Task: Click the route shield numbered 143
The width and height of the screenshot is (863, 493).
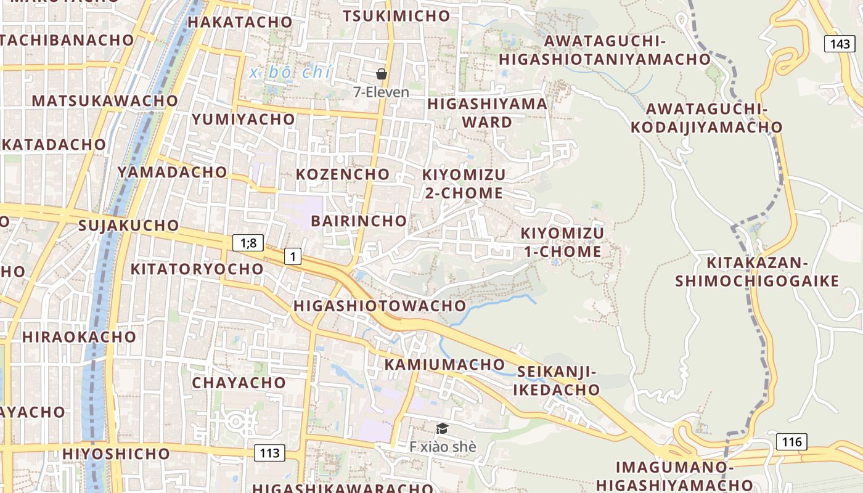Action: tap(840, 44)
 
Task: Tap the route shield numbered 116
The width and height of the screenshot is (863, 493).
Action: tap(791, 441)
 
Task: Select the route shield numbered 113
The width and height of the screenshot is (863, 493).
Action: tap(269, 454)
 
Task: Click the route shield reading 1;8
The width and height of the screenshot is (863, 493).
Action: tap(248, 243)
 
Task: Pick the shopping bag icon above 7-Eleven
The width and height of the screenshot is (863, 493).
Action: tap(382, 74)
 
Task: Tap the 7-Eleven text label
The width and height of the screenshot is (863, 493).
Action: tap(381, 92)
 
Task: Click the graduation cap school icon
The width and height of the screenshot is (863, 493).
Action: tap(442, 428)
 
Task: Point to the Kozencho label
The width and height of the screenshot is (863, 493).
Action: tap(343, 174)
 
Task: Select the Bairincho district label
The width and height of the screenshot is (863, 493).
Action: tap(359, 221)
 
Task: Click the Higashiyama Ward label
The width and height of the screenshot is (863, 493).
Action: tap(488, 113)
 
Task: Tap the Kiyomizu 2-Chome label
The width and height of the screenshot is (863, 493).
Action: tap(464, 184)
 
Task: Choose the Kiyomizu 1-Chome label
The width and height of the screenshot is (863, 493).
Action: tap(562, 243)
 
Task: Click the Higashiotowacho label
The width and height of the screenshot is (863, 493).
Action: tap(380, 306)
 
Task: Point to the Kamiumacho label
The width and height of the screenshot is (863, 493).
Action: tap(444, 365)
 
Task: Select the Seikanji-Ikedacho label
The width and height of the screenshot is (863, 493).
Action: tap(557, 381)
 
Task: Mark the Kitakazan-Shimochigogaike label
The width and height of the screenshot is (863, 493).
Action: tap(757, 272)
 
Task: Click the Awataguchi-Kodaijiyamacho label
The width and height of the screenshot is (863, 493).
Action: tap(706, 118)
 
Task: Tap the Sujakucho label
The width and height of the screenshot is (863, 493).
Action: tap(129, 226)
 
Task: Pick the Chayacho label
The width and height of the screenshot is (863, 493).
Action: tap(239, 383)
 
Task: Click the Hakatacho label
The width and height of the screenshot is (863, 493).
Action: tap(240, 22)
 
